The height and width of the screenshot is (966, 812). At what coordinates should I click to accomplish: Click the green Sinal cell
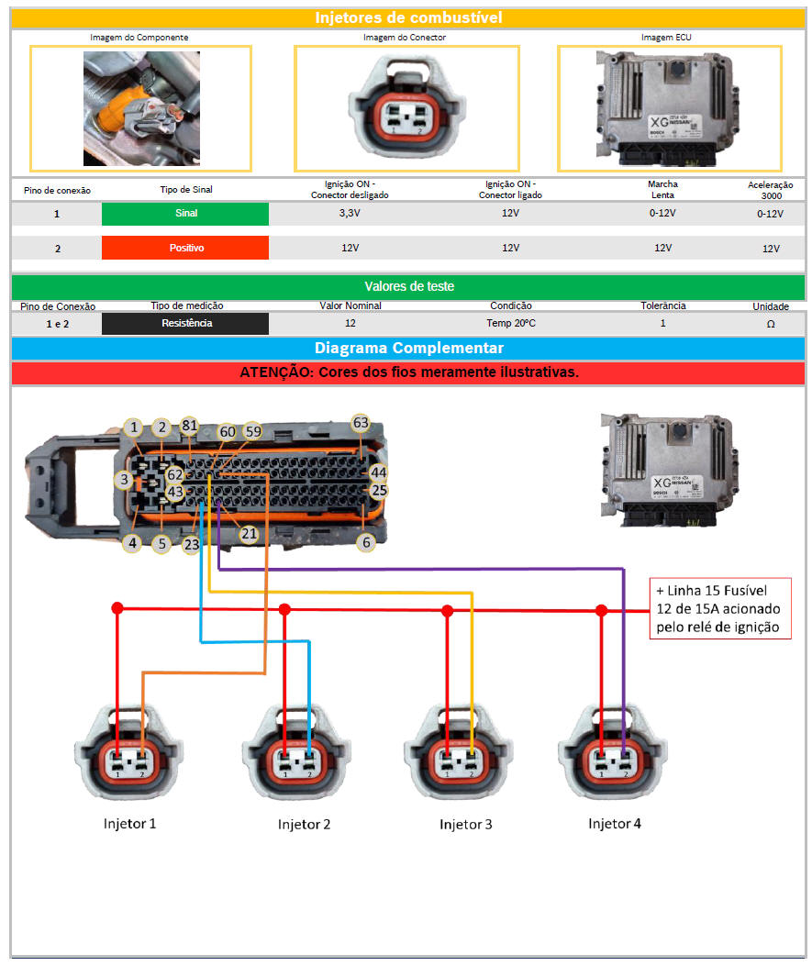185,214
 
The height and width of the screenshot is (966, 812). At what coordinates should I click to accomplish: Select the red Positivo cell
185,248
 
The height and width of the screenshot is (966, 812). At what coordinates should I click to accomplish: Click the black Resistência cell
185,324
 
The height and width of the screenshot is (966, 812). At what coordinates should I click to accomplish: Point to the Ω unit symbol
770,324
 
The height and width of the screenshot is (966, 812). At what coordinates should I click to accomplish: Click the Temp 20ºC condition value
511,324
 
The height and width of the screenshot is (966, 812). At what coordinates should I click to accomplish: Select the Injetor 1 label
129,823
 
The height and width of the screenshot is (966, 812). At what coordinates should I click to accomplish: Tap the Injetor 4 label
614,823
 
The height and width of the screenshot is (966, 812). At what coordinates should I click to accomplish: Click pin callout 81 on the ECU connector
190,426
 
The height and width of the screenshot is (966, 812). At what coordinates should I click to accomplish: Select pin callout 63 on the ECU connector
361,423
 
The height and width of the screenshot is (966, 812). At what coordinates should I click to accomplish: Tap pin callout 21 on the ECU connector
249,533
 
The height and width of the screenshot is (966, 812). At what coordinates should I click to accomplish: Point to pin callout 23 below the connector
191,544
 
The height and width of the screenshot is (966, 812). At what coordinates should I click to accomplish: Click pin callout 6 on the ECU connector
367,542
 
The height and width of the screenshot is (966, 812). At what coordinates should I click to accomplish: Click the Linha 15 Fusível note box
719,608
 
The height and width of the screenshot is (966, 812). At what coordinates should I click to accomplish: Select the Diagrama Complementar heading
408,349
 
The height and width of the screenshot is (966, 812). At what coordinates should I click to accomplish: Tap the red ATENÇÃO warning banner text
408,372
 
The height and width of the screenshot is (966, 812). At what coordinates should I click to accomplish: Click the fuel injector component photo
140,108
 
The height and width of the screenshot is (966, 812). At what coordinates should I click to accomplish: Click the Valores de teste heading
408,286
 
